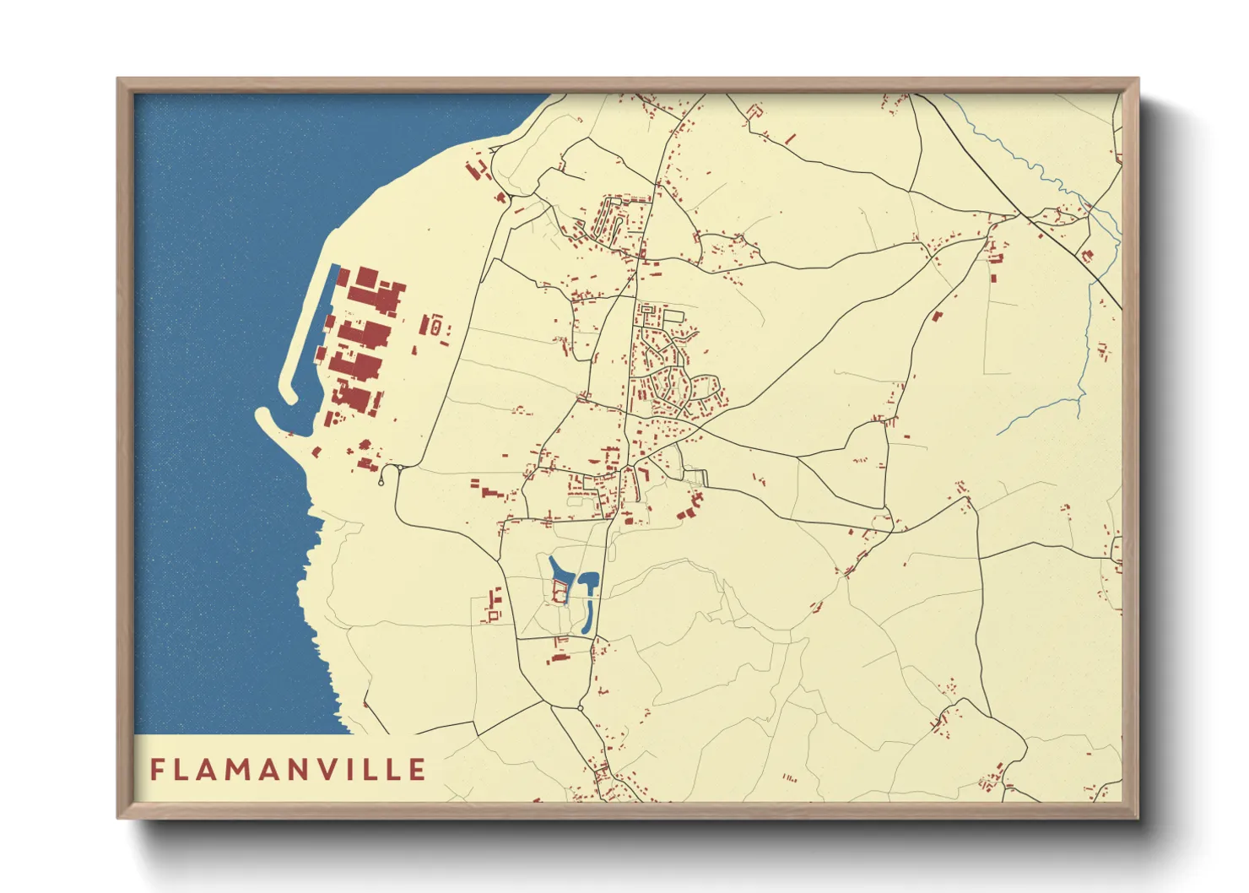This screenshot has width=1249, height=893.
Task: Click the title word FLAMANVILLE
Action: [x=288, y=770]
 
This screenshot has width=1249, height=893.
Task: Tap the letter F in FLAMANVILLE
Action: [x=157, y=770]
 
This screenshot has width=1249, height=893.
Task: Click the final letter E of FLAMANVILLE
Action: [x=417, y=770]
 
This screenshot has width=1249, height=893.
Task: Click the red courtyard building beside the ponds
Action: [x=559, y=593]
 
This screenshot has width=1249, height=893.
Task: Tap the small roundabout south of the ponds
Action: [x=581, y=706]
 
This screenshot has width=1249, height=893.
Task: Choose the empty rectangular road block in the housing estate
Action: [x=673, y=316]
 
